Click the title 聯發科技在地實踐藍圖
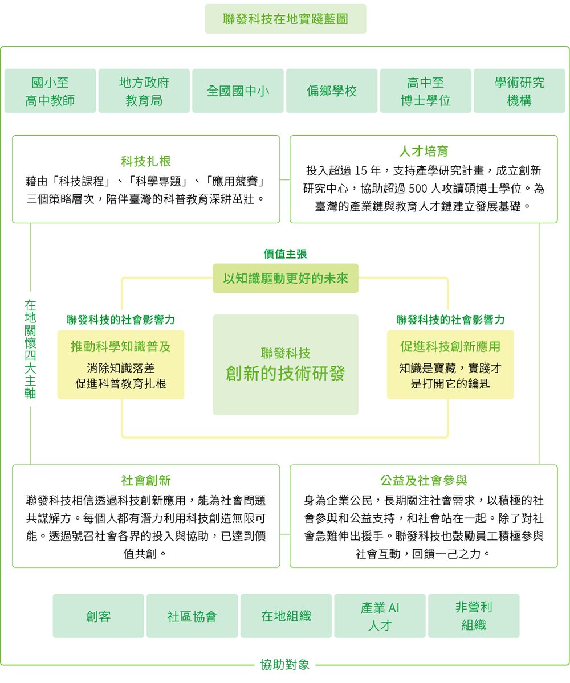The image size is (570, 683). pos(286,19)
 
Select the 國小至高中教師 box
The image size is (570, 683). pos(50,91)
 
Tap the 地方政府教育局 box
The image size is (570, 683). pos(144,91)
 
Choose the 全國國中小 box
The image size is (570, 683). pos(238,91)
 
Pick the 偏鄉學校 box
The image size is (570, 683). pos(332,91)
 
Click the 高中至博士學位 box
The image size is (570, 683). pos(426,91)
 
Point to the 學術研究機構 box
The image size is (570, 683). pos(519,91)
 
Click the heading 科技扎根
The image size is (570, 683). pos(146,161)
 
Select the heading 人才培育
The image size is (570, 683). pos(424,151)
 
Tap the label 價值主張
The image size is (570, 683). pos(286,254)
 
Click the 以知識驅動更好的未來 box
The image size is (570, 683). pos(286,279)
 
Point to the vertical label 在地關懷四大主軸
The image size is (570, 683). pos(31,349)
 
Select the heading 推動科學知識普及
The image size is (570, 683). pos(121,347)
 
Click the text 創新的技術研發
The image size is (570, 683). pos(286,373)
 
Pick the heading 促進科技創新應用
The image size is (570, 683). pos(450,347)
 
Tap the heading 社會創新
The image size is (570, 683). pos(146,480)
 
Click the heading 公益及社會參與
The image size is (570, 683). pos(424,480)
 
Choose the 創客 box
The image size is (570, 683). pos(99,616)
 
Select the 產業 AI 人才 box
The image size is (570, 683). pos(380,616)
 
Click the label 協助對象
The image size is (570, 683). pos(285,665)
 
